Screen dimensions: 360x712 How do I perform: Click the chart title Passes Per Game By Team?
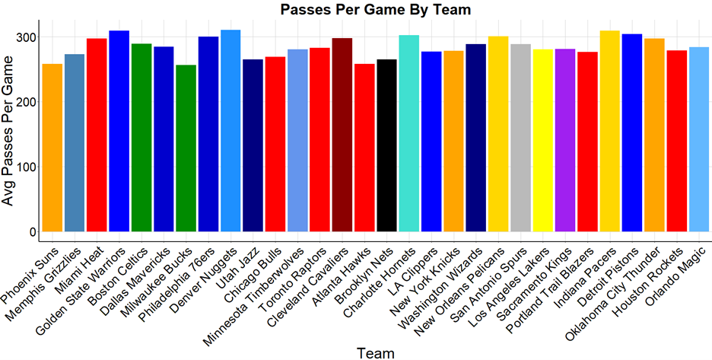(376, 10)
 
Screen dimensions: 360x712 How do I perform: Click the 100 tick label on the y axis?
(25, 167)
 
